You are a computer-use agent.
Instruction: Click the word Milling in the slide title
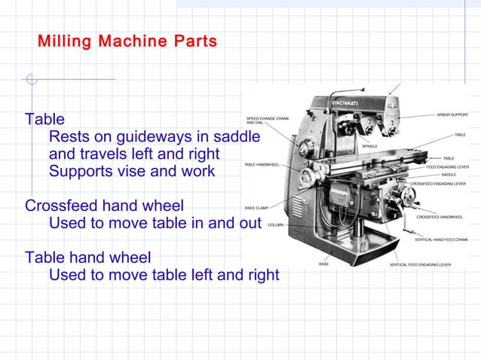click(63, 41)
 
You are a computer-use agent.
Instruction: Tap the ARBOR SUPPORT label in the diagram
click(452, 114)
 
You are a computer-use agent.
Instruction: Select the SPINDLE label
click(369, 146)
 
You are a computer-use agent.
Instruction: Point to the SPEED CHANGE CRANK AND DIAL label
click(268, 121)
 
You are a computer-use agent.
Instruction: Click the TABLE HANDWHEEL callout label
click(262, 164)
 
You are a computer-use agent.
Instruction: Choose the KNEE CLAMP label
click(256, 207)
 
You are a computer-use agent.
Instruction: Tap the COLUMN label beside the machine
click(275, 224)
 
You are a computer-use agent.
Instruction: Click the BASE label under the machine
click(323, 264)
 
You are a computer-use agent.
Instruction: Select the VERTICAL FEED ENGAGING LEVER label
click(420, 265)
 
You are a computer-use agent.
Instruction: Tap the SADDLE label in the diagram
click(449, 175)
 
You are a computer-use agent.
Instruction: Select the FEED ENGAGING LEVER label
click(448, 166)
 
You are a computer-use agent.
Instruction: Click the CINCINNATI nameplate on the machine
click(351, 102)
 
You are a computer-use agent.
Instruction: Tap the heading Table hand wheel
click(87, 257)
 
